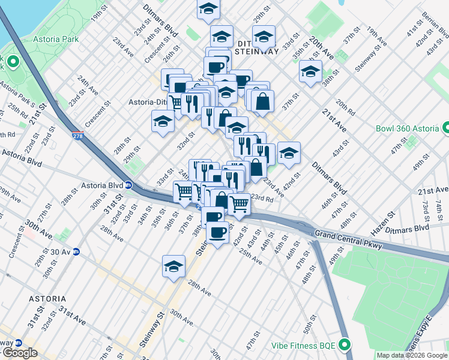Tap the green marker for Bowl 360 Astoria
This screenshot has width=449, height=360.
pyautogui.click(x=446, y=128)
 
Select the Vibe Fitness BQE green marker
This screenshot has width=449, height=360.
pyautogui.click(x=344, y=345)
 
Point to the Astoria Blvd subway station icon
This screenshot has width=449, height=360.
pyautogui.click(x=128, y=185)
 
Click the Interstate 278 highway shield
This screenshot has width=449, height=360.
pyautogui.click(x=77, y=137)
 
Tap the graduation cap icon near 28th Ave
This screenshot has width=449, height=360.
pyautogui.click(x=173, y=266)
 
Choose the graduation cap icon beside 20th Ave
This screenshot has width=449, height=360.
pyautogui.click(x=310, y=71)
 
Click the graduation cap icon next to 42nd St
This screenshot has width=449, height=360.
pyautogui.click(x=289, y=152)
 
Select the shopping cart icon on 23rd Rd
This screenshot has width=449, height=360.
pyautogui.click(x=240, y=204)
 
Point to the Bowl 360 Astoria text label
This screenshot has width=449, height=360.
pyautogui.click(x=408, y=128)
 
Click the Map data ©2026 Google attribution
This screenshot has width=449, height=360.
pyautogui.click(x=412, y=355)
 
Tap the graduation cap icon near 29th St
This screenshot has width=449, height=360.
pyautogui.click(x=162, y=121)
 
